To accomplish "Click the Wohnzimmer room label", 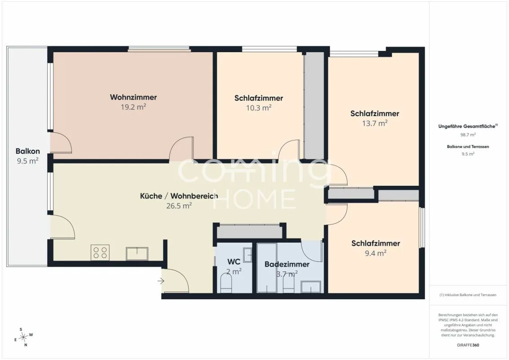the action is tap(134, 97).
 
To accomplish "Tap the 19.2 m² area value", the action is tap(134, 107).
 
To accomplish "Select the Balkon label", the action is tap(27, 151).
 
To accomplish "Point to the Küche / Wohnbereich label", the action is tap(179, 196).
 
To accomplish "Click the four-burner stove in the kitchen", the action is tap(100, 252).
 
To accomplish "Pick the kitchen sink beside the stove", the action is tap(137, 254).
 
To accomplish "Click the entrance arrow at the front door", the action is tap(161, 281).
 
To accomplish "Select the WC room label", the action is tap(234, 262).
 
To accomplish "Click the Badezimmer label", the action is tap(287, 264).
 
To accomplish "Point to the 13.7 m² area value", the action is tap(375, 123).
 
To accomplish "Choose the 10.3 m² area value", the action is tap(259, 108).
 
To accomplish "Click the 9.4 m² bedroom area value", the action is tap(375, 253).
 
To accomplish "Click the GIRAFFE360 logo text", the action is tap(468, 345).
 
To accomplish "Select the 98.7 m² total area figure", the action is tap(468, 135).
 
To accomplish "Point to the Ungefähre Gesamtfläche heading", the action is tap(468, 126).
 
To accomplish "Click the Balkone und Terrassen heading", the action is tap(468, 147).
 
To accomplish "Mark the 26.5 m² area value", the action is tap(179, 206).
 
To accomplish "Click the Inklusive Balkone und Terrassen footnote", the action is tap(468, 295).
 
